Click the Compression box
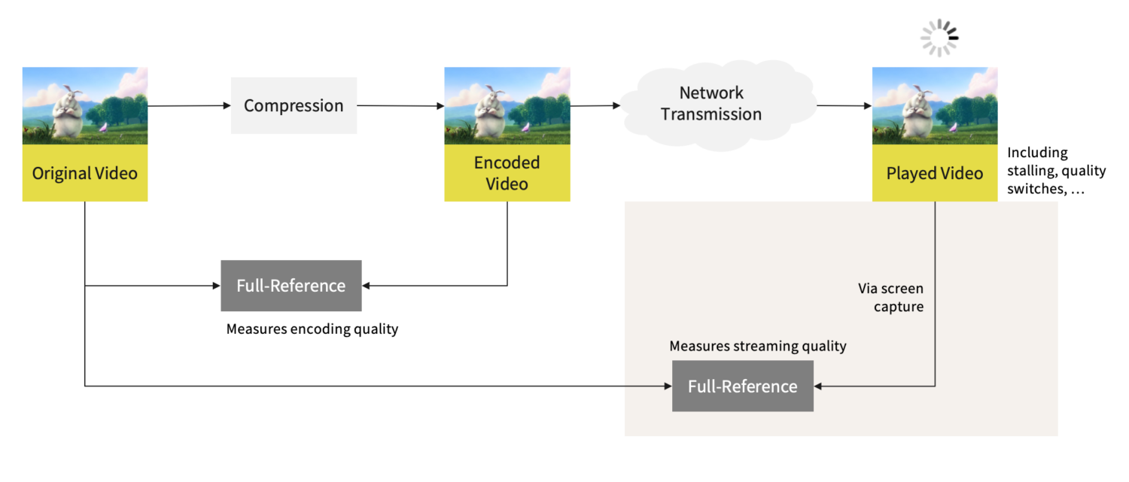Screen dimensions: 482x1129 pos(294,106)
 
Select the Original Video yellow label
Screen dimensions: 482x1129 pos(84,173)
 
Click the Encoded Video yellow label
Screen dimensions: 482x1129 pos(507,173)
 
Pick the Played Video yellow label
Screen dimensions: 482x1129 pos(934,174)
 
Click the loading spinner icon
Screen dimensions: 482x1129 pos(939,38)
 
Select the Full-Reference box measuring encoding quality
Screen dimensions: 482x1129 pos(291,286)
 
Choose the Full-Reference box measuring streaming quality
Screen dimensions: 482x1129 pos(742,386)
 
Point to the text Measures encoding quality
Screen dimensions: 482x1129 pos(312,329)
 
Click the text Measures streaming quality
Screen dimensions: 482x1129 pos(757,346)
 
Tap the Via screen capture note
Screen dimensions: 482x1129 pos(890,298)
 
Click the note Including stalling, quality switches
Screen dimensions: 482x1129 pos(1056,171)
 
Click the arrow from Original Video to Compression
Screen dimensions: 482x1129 pos(188,106)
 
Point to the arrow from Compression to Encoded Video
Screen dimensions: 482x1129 pos(400,106)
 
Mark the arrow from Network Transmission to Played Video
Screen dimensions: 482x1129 pos(843,106)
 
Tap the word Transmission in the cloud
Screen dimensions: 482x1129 pos(711,115)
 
